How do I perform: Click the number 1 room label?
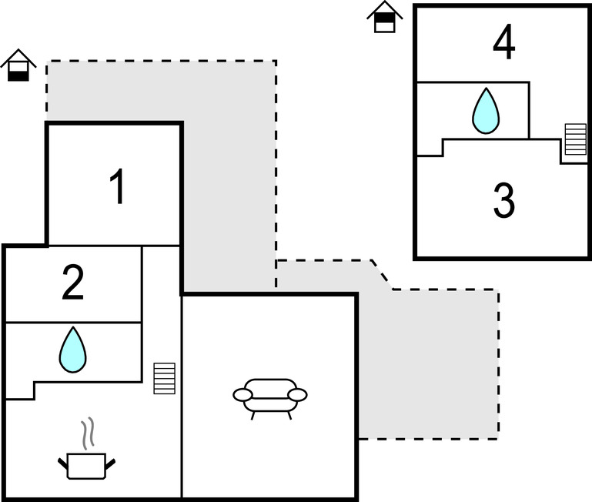click(x=117, y=188)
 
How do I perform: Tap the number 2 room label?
click(x=72, y=283)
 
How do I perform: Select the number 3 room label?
click(x=503, y=200)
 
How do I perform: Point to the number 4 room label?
click(x=503, y=43)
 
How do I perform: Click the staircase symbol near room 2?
click(x=164, y=378)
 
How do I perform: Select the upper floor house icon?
click(x=385, y=17)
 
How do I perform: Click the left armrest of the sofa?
click(x=242, y=396)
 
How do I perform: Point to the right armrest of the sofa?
click(x=298, y=395)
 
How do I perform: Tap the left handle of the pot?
click(x=63, y=463)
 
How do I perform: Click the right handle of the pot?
click(x=111, y=463)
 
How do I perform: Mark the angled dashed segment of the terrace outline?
click(x=381, y=275)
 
